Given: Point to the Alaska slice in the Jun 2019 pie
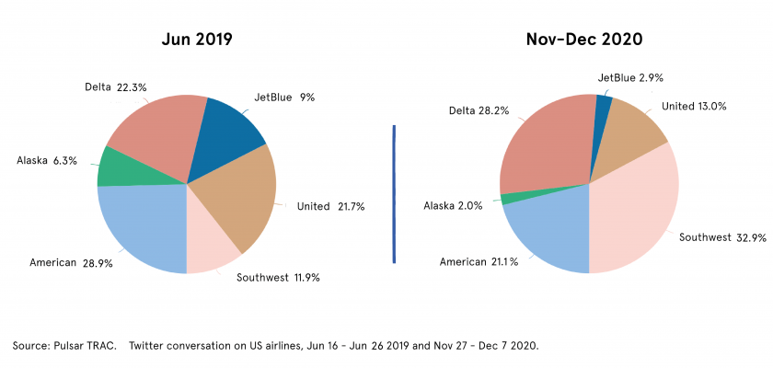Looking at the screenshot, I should tap(115, 167).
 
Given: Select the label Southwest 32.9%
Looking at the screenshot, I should tap(722, 237).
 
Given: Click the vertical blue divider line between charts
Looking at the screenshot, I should tap(394, 193).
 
